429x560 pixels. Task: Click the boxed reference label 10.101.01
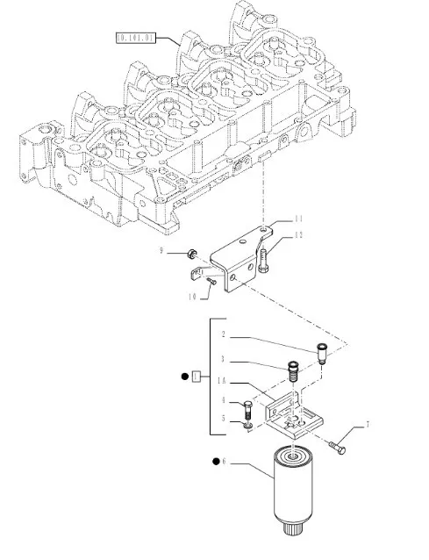(x=136, y=38)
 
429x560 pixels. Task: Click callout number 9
(x=161, y=251)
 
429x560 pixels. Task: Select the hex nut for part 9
(x=191, y=254)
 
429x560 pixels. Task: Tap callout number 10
(x=192, y=297)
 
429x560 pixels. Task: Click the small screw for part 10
(x=211, y=282)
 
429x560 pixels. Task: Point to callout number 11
(x=298, y=219)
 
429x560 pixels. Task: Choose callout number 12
(x=299, y=235)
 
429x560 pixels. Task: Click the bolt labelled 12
(x=264, y=261)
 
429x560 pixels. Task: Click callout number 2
(x=224, y=334)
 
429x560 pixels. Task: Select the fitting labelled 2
(x=321, y=353)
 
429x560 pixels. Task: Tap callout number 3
(x=223, y=359)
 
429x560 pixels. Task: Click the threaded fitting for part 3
(x=293, y=371)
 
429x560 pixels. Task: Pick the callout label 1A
(x=222, y=382)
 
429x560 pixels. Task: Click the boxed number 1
(x=197, y=377)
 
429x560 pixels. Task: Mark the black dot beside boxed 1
(x=185, y=377)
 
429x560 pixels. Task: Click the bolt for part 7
(x=337, y=448)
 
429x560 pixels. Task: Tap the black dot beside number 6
(x=216, y=462)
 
